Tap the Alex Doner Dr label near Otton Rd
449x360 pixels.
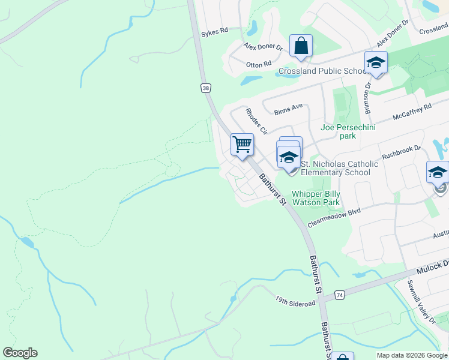tap(263, 47)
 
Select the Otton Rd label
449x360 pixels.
tap(259, 63)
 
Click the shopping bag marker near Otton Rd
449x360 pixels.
tap(301, 46)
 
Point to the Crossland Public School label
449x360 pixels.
tap(323, 71)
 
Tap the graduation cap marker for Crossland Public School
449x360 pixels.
tap(376, 62)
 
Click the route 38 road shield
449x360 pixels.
tap(206, 88)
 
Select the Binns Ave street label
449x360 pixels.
tap(288, 109)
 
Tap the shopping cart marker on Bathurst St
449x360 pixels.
tap(242, 144)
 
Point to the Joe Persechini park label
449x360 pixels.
tap(346, 131)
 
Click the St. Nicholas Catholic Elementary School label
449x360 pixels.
tap(339, 168)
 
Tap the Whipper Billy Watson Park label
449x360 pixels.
tap(316, 198)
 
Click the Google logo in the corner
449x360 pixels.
tap(20, 353)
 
